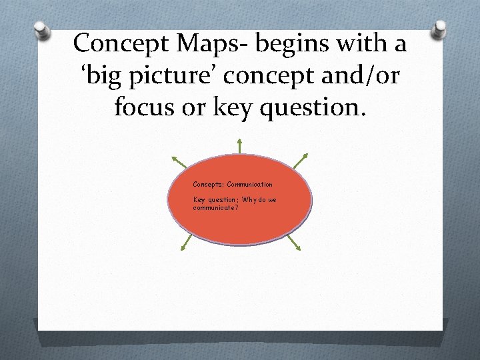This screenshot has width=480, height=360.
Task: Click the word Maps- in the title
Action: click(213, 43)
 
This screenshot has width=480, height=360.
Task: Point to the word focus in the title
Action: click(143, 107)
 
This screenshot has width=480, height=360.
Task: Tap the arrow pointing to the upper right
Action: click(301, 161)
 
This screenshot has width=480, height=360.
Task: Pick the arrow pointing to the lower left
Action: click(185, 243)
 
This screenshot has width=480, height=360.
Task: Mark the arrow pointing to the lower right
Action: click(294, 243)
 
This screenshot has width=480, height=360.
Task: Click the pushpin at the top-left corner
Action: click(42, 29)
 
